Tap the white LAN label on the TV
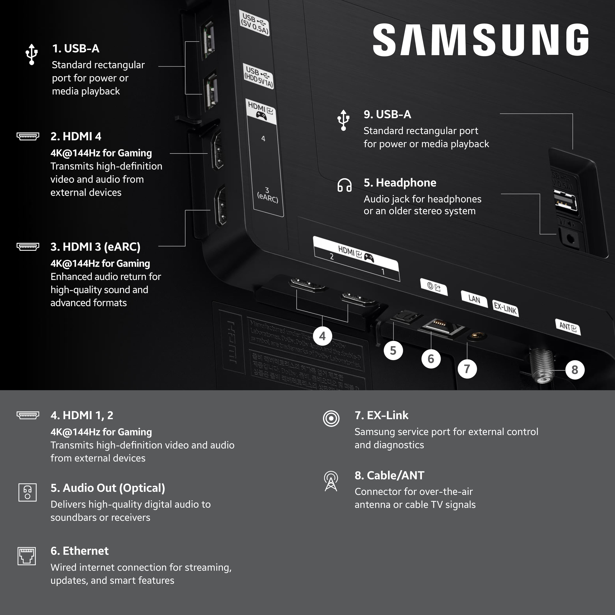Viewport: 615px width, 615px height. click(474, 299)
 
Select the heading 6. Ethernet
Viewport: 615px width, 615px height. click(80, 551)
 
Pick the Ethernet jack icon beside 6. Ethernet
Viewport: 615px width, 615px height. click(27, 556)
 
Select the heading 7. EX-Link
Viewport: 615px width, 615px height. click(381, 415)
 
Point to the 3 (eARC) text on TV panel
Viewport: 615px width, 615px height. click(267, 195)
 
